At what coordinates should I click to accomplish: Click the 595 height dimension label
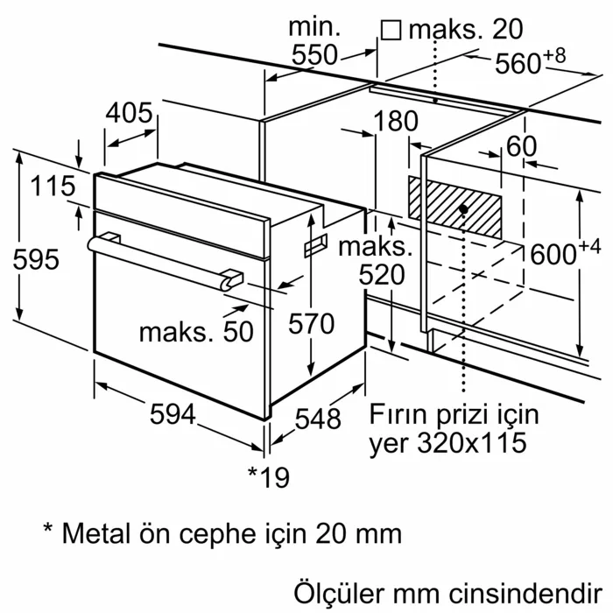tap(36, 260)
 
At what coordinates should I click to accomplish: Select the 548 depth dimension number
tap(317, 420)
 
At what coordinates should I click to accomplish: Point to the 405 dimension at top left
tap(130, 113)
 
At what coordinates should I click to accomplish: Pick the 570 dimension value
tap(311, 324)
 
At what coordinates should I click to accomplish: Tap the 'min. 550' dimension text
tap(314, 41)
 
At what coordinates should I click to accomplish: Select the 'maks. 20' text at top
tap(453, 30)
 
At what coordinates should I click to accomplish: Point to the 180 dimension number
tap(396, 122)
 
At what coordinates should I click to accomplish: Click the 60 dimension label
tap(521, 146)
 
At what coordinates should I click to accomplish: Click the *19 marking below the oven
tap(268, 476)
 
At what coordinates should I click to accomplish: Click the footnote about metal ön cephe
tap(222, 532)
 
